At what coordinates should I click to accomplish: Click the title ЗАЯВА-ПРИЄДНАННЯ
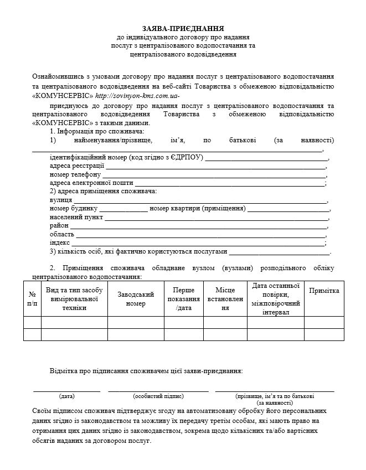pos(183,28)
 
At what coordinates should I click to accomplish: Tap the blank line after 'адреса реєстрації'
pos(216,167)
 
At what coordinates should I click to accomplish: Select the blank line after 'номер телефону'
pos(215,175)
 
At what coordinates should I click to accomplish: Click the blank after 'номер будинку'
pos(123,209)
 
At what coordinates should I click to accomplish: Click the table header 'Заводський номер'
pos(136,299)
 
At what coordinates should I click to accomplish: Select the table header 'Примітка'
pos(324,291)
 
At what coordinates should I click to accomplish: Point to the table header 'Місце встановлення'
pos(221,299)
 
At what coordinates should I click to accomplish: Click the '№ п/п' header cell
pos(33,299)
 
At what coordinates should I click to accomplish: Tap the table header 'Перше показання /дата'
pos(183,299)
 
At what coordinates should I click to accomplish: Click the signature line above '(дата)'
pos(67,391)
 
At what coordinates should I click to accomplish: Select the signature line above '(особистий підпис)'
pos(158,391)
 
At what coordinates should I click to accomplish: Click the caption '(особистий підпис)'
pos(158,396)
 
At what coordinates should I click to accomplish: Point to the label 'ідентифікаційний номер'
pos(88,158)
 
